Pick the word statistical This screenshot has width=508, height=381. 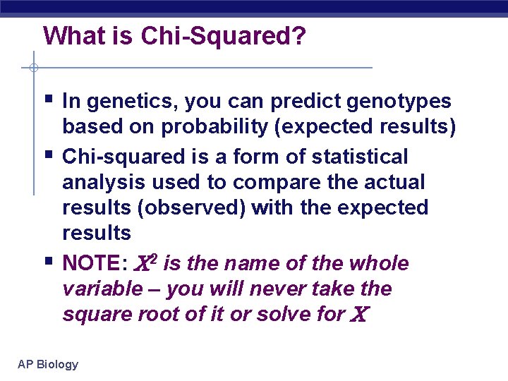[x=368, y=156]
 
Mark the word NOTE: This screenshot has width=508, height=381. [x=95, y=264]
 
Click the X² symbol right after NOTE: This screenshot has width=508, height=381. [x=145, y=263]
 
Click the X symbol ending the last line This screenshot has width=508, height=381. [x=357, y=315]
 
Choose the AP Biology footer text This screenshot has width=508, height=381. [x=48, y=364]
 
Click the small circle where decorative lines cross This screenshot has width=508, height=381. [x=33, y=68]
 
